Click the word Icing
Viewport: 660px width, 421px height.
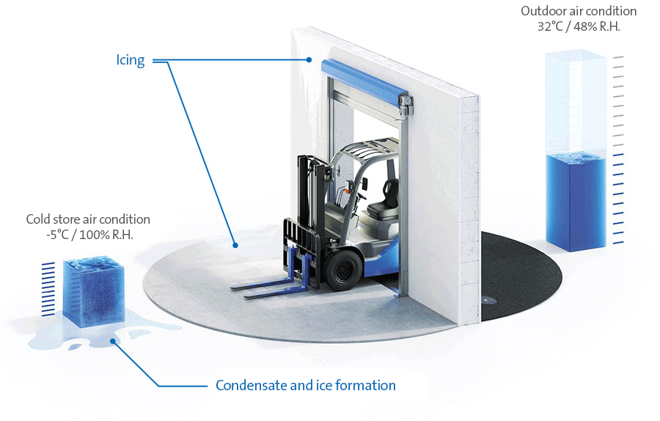(x=131, y=60)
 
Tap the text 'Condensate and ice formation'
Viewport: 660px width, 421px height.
(x=306, y=385)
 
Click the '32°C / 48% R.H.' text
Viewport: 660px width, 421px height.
(x=579, y=26)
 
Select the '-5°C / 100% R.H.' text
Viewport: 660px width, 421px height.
(x=89, y=235)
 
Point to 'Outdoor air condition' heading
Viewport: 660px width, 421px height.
(x=579, y=11)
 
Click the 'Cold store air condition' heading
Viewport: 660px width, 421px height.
(x=88, y=219)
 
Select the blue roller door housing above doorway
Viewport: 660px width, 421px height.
(x=361, y=82)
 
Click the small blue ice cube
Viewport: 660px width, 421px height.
(x=93, y=290)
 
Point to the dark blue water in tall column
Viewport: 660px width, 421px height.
(x=576, y=202)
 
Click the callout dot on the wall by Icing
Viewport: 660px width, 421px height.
(x=309, y=60)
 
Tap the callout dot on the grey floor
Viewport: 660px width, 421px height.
(x=235, y=245)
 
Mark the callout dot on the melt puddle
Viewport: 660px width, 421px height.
(x=113, y=341)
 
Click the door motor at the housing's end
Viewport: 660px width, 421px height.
(x=406, y=104)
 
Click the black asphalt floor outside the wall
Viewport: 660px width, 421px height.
(x=522, y=274)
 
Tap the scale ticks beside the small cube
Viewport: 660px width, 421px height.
(x=48, y=289)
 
